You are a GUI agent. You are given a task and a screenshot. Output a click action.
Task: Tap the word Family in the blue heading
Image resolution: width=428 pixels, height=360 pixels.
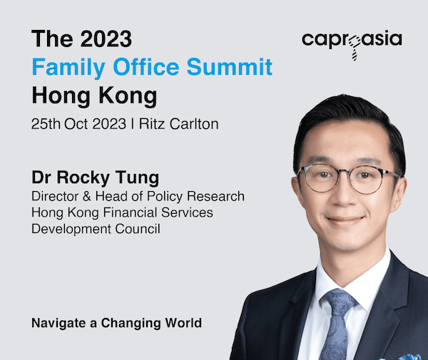68,67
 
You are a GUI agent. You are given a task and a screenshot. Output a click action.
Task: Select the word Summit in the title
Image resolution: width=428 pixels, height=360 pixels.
230,66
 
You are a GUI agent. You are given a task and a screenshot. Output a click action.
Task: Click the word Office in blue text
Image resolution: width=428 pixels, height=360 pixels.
146,66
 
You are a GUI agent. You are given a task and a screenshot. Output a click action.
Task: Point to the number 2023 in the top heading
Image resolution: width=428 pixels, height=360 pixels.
106,38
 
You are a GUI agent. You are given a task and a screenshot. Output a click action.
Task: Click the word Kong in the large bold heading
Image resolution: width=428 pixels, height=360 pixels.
128,96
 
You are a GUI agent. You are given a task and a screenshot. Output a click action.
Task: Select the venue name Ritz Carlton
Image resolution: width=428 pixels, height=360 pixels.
179,124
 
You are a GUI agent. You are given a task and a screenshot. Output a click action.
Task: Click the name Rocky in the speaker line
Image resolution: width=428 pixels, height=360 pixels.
83,178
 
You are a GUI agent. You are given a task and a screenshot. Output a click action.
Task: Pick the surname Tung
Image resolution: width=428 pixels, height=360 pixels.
137,178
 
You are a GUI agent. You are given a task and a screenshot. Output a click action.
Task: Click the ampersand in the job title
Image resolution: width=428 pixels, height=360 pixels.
87,196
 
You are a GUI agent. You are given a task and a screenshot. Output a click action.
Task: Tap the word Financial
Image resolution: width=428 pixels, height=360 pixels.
130,212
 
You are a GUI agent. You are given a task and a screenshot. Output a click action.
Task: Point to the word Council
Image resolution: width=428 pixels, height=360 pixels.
137,229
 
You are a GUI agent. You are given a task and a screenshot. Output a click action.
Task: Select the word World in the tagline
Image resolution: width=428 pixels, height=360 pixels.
183,323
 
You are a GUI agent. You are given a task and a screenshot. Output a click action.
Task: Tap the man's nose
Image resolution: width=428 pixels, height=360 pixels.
343,196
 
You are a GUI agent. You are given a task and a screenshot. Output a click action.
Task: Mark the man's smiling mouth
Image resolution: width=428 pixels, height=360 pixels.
345,220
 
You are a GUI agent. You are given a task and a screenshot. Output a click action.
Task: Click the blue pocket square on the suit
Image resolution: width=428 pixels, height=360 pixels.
409,356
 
